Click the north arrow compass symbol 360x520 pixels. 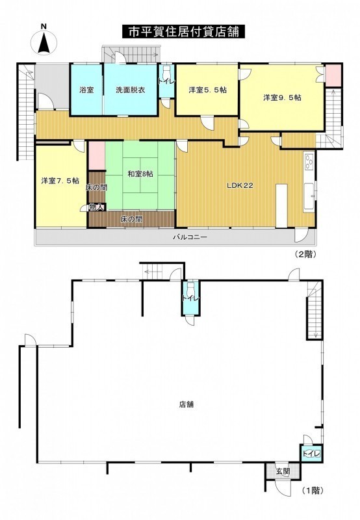(44, 42)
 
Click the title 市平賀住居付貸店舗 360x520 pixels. (183, 32)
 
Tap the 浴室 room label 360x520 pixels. (86, 90)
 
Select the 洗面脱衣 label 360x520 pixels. (130, 90)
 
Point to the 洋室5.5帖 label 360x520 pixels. (208, 90)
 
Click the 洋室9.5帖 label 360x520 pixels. (283, 97)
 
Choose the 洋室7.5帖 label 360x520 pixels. (60, 181)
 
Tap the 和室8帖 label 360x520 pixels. (140, 174)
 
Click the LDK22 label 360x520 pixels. (240, 185)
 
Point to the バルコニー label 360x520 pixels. (190, 237)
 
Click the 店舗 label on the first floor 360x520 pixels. (186, 404)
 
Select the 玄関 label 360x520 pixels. (283, 471)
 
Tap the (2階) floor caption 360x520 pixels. (305, 254)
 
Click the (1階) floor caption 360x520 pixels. (313, 490)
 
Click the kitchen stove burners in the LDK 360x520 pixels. (309, 161)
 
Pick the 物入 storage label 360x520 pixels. (97, 207)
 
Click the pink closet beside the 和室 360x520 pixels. (97, 155)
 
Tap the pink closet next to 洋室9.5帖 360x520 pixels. (333, 75)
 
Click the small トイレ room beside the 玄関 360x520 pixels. (311, 453)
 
